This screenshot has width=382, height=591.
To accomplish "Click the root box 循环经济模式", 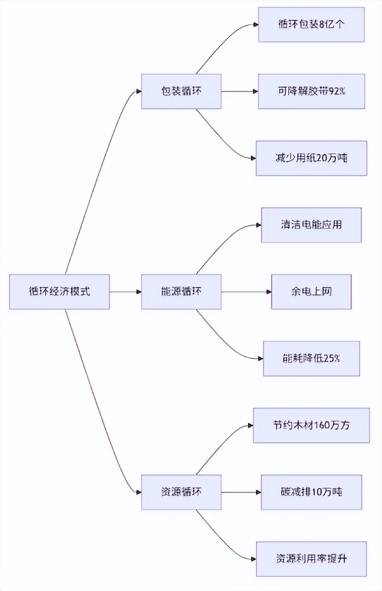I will point(59,291).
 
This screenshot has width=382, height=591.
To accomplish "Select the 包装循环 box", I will point(181,91).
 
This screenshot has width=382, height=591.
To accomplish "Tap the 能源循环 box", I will point(181,291).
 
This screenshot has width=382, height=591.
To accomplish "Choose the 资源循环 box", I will point(181,492).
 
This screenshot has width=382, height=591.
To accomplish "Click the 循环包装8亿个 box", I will point(311,24).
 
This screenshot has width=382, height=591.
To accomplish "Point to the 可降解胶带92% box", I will point(311,91).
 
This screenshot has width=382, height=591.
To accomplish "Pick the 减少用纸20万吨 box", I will point(311,158).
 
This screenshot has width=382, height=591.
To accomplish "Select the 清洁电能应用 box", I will point(311,225).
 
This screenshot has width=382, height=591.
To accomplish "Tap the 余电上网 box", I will point(311,291).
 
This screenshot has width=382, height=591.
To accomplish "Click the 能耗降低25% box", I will point(311,359).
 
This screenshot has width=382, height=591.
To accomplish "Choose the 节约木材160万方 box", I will point(311,425).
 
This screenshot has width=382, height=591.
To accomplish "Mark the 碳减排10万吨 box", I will point(311,492).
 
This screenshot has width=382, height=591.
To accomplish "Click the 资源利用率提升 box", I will point(311,559).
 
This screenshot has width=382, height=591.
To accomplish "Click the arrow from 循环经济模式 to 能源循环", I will point(125,291).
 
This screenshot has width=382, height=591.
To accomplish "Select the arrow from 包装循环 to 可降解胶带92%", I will point(239,91).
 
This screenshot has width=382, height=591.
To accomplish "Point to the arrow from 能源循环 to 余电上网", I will point(246,291).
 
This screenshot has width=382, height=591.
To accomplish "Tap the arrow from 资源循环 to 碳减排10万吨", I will point(241,492).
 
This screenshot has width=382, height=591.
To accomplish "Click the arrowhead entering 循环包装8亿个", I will point(256,24).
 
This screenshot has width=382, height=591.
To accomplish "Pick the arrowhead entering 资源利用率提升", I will point(253,559).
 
